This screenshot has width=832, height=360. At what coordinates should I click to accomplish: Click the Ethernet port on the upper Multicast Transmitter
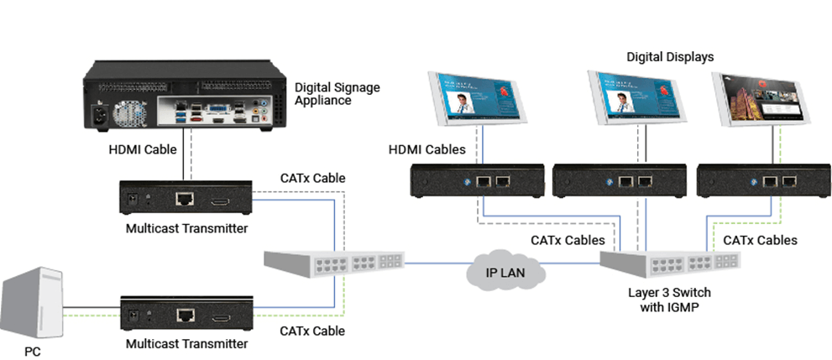pos(184,200)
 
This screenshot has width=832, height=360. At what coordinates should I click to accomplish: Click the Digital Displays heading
pos(670,57)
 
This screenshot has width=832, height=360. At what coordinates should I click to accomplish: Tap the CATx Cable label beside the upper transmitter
pos(313,178)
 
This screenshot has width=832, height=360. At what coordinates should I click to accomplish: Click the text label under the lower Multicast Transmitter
pos(186,343)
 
